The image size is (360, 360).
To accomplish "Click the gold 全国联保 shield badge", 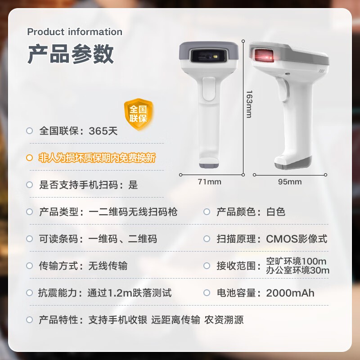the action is [139, 114].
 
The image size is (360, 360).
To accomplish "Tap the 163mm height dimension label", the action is [249, 104].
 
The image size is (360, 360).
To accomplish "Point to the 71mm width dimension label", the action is [210, 182].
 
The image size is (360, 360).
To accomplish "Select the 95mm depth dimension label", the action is [290, 182].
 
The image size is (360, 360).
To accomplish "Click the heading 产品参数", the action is [71, 54].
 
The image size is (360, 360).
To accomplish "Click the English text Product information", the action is [75, 31].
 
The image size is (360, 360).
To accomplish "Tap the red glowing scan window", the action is [264, 55].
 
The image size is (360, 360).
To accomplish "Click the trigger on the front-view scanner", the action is [209, 89].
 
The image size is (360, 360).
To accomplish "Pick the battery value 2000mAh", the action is [290, 293].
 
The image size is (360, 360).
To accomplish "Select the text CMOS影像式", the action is [297, 239].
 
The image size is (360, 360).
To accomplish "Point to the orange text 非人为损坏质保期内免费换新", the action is [97, 158].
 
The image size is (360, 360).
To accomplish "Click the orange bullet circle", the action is [29, 158].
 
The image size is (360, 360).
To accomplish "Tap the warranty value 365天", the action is [103, 131].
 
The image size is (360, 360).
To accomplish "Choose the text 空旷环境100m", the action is [296, 261].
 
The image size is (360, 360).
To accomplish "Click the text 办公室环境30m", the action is [298, 270].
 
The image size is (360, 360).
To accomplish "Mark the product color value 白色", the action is [276, 211].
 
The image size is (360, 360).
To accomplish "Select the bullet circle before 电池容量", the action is [207, 293].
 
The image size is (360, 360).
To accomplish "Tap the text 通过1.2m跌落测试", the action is [130, 293].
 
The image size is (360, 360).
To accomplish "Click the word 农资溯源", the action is [224, 320].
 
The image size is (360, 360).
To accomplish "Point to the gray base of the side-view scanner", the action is [293, 163].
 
